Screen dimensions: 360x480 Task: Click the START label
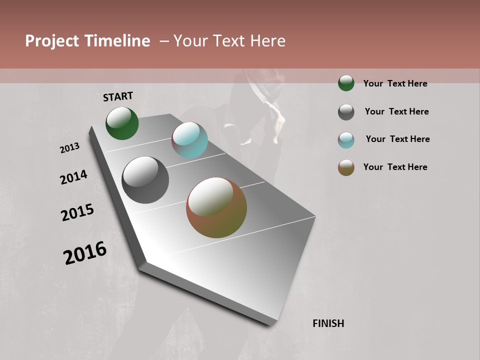[x=118, y=96]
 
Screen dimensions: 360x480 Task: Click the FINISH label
[x=328, y=323]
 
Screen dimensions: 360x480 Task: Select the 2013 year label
[x=70, y=148]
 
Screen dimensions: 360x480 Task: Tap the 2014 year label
[x=74, y=177]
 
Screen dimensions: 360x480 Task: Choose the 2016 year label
[x=85, y=253]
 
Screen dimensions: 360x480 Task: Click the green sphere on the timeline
[x=122, y=123]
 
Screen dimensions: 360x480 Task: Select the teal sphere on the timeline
[x=189, y=140]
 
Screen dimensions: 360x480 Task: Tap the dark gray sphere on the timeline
[x=145, y=180]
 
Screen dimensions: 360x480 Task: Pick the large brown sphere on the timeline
[x=216, y=207]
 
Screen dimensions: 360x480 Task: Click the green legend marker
[x=346, y=83]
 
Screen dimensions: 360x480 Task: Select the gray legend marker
[x=346, y=112]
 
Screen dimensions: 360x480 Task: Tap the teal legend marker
[x=346, y=140]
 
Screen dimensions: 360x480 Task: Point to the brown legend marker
[x=346, y=167]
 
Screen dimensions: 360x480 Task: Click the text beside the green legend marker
[x=395, y=83]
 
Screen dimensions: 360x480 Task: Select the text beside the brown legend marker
[x=395, y=167]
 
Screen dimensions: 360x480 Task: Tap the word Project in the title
[x=52, y=41]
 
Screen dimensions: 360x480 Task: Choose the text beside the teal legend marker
[x=397, y=139]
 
